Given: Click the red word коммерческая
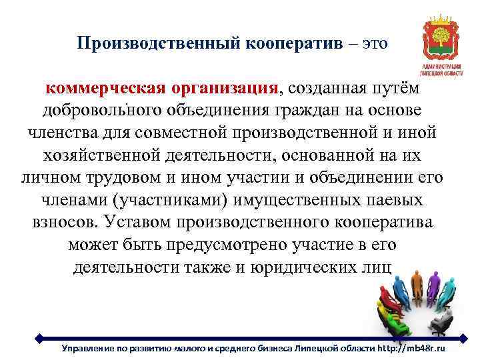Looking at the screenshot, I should coord(104,89).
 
